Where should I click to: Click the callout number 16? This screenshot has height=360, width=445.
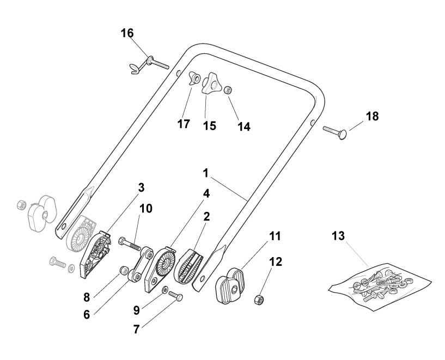tap(127, 33)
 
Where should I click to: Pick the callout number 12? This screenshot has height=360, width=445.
tap(276, 262)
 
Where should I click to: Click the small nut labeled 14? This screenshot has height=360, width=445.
tap(229, 89)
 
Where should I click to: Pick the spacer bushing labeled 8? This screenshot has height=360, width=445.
tap(124, 269)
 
